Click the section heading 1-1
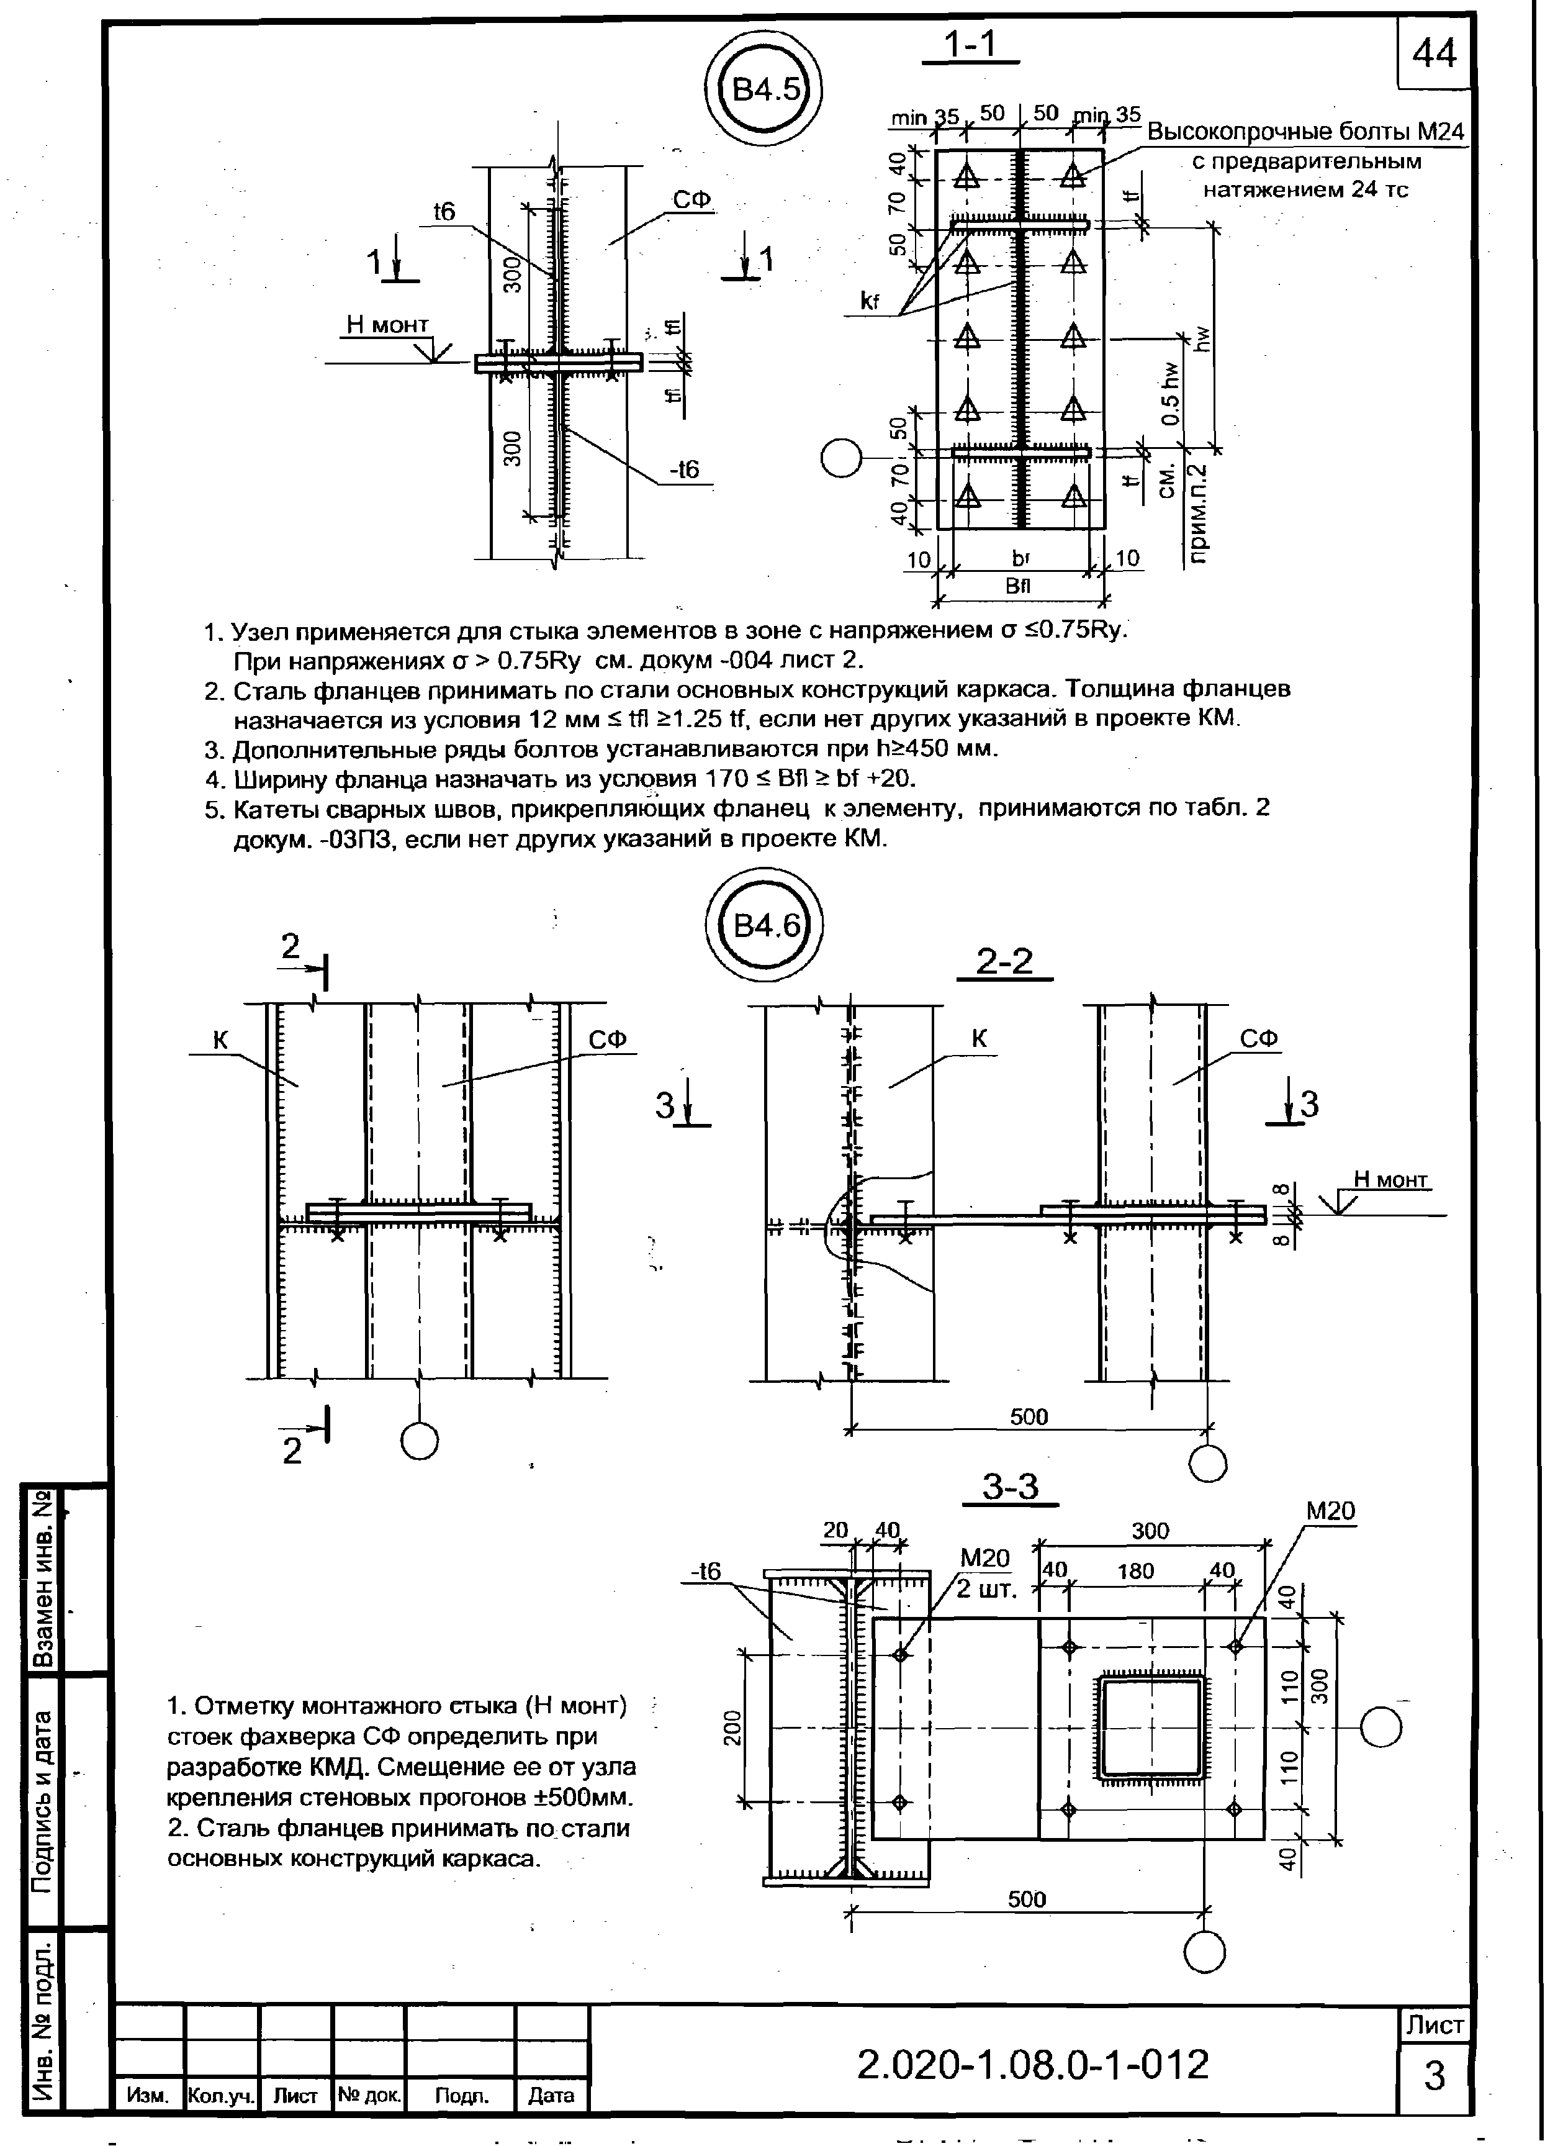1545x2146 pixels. click(x=971, y=45)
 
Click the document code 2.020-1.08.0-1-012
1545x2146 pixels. click(x=1033, y=2063)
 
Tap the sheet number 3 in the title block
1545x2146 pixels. click(x=1435, y=2076)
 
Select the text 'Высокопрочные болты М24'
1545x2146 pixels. click(x=1305, y=132)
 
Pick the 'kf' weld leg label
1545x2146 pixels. click(x=870, y=302)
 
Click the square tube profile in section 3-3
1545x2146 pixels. click(x=1150, y=1727)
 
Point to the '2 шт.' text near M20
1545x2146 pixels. click(x=986, y=1588)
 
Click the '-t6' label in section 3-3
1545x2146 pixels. click(x=705, y=1571)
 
